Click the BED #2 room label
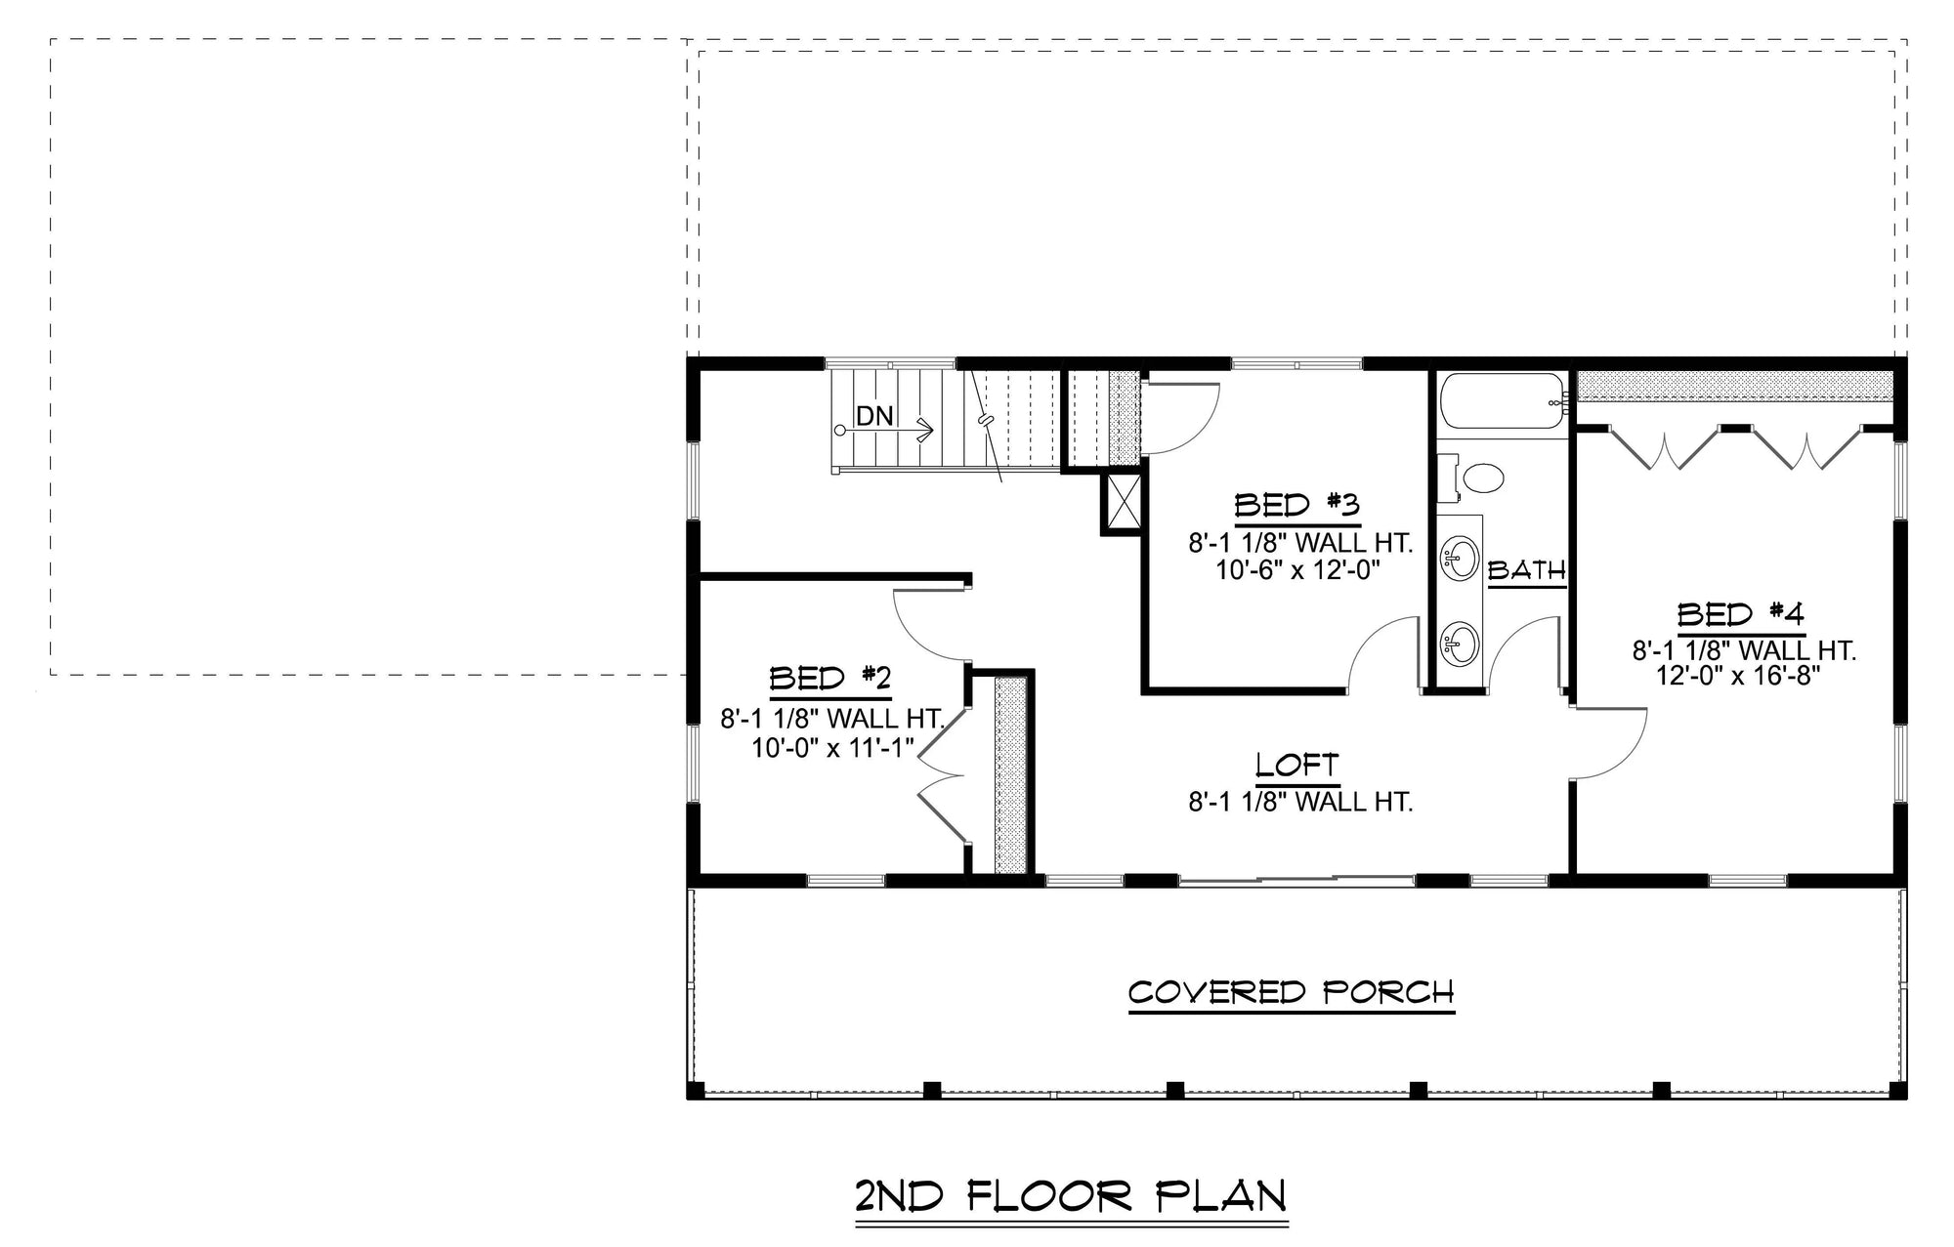click(829, 679)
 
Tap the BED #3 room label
click(1296, 506)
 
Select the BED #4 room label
click(1740, 615)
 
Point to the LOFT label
click(1296, 765)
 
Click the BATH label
click(1526, 570)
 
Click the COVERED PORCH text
click(1291, 993)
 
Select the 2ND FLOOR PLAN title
click(1070, 1196)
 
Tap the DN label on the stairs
click(874, 416)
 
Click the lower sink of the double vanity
click(1460, 644)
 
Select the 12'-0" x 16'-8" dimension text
click(1740, 676)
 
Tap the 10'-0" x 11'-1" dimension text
click(831, 748)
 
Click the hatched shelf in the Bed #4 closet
click(1734, 387)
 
